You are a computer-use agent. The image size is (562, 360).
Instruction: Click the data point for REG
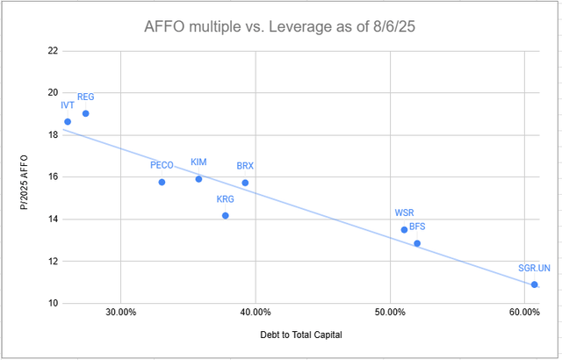pos(85,113)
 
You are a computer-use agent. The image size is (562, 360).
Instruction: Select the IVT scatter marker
pos(68,122)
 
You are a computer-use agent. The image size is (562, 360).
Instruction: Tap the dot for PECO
pos(162,182)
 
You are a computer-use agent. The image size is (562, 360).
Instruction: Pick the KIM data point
pos(198,179)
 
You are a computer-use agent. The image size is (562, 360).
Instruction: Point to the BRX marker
pos(245,183)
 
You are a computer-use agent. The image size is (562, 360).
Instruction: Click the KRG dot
pos(226,215)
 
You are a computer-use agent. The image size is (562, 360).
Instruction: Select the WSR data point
pos(404,230)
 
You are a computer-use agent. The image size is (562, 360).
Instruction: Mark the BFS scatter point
pos(417,243)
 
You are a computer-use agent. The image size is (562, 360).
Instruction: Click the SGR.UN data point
pos(534,284)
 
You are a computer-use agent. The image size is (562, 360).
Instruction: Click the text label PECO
pos(162,165)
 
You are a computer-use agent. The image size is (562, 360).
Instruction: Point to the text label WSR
pos(405,213)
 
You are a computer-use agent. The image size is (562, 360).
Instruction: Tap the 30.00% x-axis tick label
pos(120,313)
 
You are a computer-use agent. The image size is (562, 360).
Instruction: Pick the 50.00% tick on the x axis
pos(390,313)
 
